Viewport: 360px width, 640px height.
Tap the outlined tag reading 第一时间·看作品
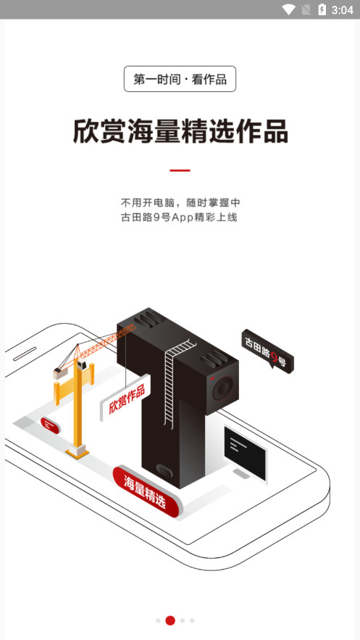pyautogui.click(x=180, y=79)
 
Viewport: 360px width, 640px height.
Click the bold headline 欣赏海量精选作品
pyautogui.click(x=180, y=131)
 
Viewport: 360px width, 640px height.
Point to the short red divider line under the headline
pyautogui.click(x=180, y=170)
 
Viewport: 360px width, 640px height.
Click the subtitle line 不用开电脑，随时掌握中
pyautogui.click(x=181, y=202)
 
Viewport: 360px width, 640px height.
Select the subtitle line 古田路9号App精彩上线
pyautogui.click(x=179, y=217)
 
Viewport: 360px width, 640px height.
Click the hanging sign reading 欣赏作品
pyautogui.click(x=126, y=398)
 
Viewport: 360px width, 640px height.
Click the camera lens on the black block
pyautogui.click(x=223, y=388)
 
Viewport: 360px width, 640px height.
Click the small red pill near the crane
pyautogui.click(x=50, y=425)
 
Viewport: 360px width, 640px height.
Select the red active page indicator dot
pyautogui.click(x=170, y=620)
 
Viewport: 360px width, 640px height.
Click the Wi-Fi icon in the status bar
pyautogui.click(x=289, y=9)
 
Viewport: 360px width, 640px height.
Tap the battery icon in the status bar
pyautogui.click(x=322, y=9)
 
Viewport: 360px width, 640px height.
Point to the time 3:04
pyautogui.click(x=342, y=10)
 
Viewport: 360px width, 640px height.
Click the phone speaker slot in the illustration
pyautogui.click(x=25, y=354)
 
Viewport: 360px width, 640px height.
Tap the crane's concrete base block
pyautogui.click(x=77, y=452)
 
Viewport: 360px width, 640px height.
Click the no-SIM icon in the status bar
pyautogui.click(x=306, y=9)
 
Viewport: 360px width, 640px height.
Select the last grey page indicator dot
pyautogui.click(x=192, y=620)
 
